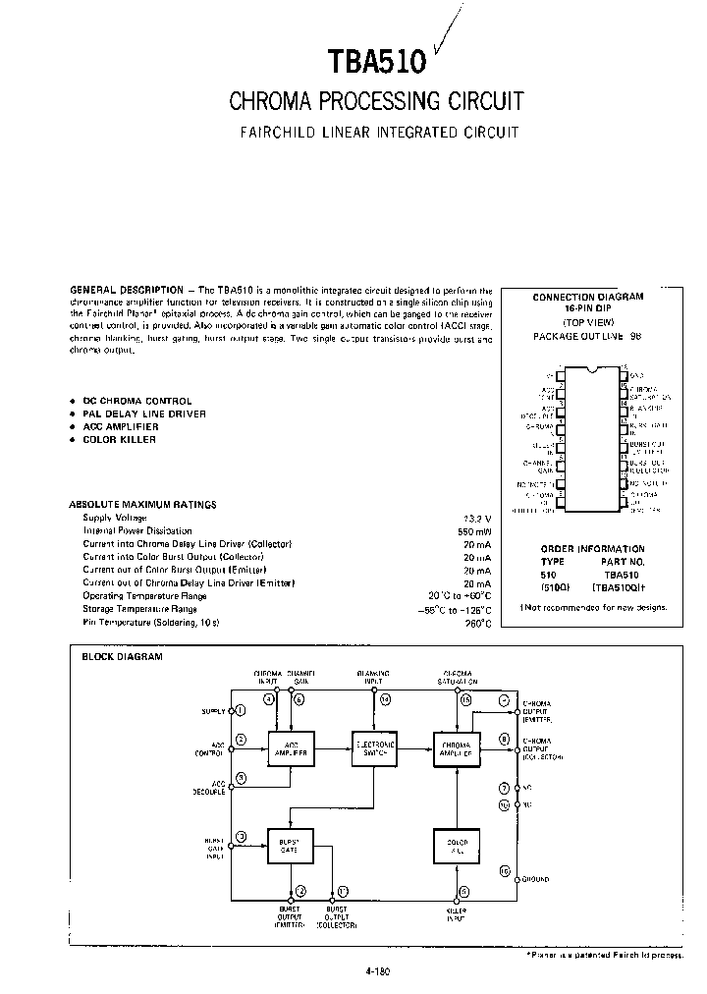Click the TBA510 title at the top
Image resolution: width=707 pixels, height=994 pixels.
(x=376, y=63)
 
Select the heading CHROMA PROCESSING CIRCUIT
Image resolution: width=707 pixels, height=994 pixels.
(x=376, y=101)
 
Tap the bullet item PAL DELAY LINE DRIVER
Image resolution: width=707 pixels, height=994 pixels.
(x=143, y=414)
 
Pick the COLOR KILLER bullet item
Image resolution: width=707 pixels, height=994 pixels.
(x=119, y=439)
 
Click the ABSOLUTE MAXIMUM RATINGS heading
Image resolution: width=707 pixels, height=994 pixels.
(x=142, y=504)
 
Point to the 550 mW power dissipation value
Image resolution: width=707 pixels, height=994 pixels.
(x=475, y=530)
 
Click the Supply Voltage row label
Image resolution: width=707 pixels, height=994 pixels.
(x=115, y=518)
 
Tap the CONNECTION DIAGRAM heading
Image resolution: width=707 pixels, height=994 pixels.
(x=587, y=297)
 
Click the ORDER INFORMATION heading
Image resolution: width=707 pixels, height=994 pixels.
(x=593, y=549)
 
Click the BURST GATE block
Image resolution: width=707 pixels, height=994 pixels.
(x=291, y=845)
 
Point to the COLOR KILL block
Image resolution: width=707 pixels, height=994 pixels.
(x=457, y=845)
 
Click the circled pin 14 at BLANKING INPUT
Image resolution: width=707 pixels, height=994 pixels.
(x=385, y=698)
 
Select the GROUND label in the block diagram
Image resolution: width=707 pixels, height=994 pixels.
(x=535, y=879)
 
